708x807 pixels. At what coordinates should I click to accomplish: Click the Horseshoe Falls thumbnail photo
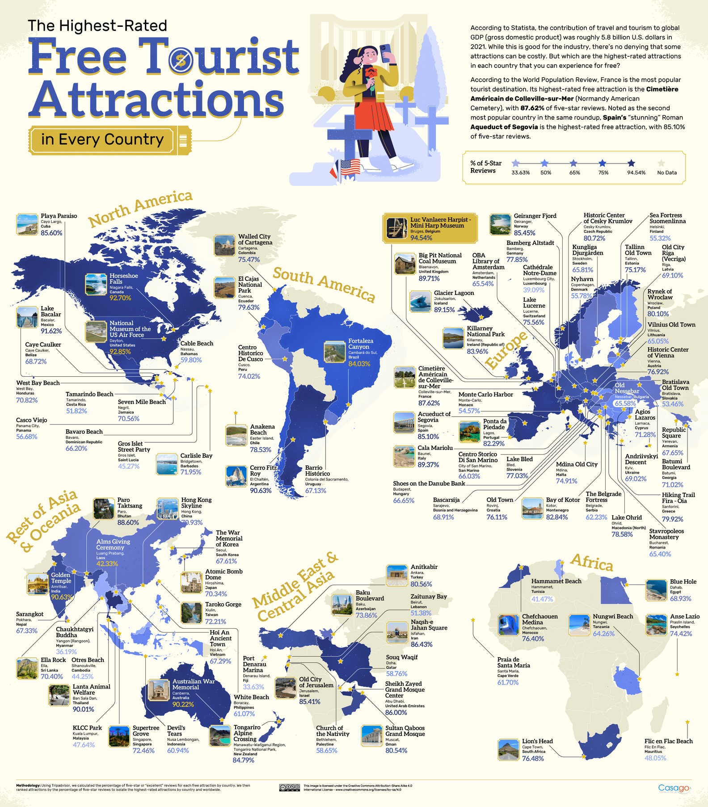pos(96,285)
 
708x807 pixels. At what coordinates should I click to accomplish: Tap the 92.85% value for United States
pos(120,352)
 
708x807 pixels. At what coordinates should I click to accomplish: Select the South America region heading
pos(324,284)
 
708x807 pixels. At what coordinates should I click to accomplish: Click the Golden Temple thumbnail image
pos(37,584)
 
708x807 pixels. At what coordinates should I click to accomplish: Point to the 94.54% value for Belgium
pos(421,238)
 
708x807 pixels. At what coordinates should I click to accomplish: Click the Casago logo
pos(674,787)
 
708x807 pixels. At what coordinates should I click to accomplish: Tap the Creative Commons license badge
pos(289,787)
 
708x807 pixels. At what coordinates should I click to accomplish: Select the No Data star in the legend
pos(662,164)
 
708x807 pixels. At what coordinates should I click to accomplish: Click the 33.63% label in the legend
pos(520,172)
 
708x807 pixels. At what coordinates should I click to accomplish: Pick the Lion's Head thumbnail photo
pos(509,749)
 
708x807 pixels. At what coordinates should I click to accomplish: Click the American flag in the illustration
pos(350,168)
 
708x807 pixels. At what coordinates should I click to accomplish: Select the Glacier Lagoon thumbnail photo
pos(420,301)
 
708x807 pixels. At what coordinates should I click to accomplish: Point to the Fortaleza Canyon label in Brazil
pos(360,344)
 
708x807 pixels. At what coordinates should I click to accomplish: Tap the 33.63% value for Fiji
pos(253,687)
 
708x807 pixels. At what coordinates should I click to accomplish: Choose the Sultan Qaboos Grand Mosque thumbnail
pos(372,736)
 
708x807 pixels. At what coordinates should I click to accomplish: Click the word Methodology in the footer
pos(28,785)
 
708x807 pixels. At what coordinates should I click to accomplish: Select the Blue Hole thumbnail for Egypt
pos(656,590)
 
